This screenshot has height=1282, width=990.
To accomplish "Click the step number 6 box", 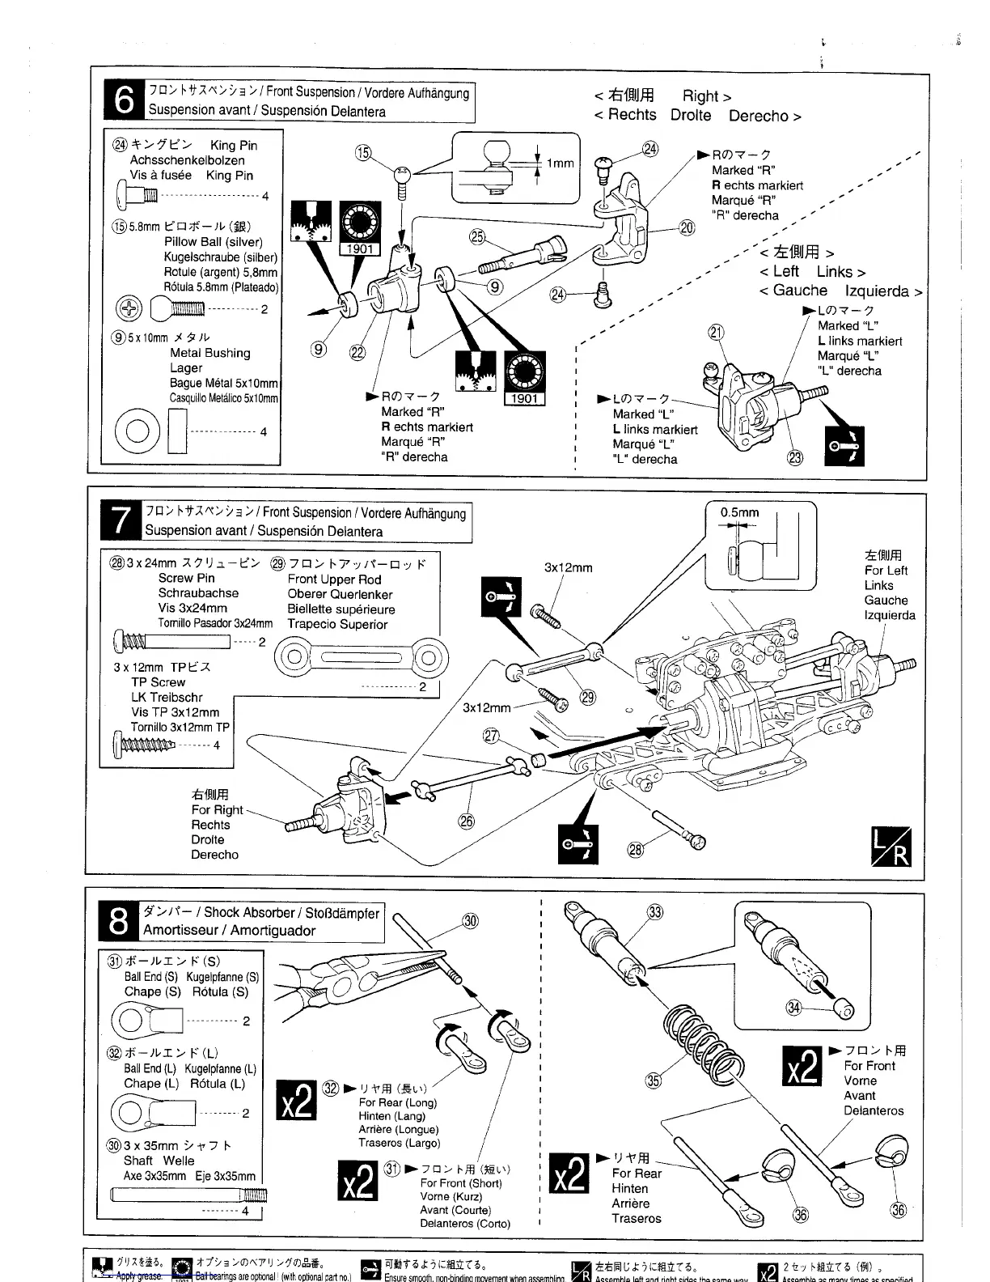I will [x=124, y=100].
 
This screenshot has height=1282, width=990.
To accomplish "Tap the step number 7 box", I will [x=121, y=521].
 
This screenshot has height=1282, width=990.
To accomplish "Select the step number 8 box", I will [x=118, y=921].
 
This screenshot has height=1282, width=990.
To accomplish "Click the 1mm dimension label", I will [x=560, y=163].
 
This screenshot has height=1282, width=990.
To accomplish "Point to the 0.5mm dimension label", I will [x=739, y=512].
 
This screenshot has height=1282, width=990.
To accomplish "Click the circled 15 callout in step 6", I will [x=363, y=152].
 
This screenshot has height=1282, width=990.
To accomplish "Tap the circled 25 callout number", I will [x=476, y=236].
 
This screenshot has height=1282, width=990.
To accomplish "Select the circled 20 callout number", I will [x=686, y=227].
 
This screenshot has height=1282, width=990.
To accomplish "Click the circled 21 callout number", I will [x=715, y=331].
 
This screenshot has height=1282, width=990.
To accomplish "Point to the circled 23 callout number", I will [x=796, y=458].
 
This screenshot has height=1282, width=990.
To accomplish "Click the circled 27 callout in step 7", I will [x=491, y=735].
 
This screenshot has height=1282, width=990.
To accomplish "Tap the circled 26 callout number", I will [x=467, y=821].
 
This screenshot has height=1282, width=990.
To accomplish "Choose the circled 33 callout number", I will [x=655, y=912].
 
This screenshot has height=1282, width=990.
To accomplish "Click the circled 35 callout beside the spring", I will [x=653, y=1080].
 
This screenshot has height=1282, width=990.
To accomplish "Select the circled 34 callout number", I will [x=793, y=1007].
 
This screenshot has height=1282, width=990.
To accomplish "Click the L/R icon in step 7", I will [x=890, y=847].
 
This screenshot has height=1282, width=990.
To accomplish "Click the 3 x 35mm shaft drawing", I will [x=188, y=1194].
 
